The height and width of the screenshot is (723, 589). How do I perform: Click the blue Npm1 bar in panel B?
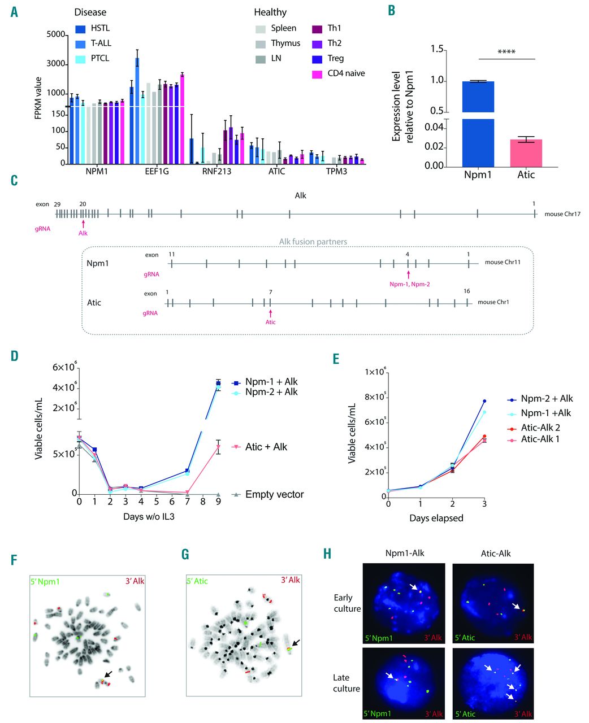(x=478, y=124)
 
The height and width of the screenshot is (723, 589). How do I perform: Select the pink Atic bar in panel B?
(x=526, y=153)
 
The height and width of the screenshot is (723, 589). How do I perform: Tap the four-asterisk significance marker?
(x=506, y=53)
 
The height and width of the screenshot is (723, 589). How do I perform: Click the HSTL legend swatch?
(x=81, y=28)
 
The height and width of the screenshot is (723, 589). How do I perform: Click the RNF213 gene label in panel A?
(x=217, y=171)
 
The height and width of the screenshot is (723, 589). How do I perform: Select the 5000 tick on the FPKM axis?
(x=56, y=34)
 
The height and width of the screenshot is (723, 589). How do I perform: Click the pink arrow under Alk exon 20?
(x=83, y=225)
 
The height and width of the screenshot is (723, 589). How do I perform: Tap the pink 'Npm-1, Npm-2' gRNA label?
(x=409, y=284)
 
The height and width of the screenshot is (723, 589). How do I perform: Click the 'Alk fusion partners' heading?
(x=313, y=242)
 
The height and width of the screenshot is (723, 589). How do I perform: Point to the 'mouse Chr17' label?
(x=562, y=214)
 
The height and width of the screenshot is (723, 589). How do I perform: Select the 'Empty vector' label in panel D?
(x=274, y=495)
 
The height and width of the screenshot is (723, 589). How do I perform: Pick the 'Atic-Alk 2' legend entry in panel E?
(x=540, y=428)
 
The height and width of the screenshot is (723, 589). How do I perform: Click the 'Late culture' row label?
(x=347, y=683)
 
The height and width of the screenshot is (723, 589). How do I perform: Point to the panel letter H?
(x=327, y=554)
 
